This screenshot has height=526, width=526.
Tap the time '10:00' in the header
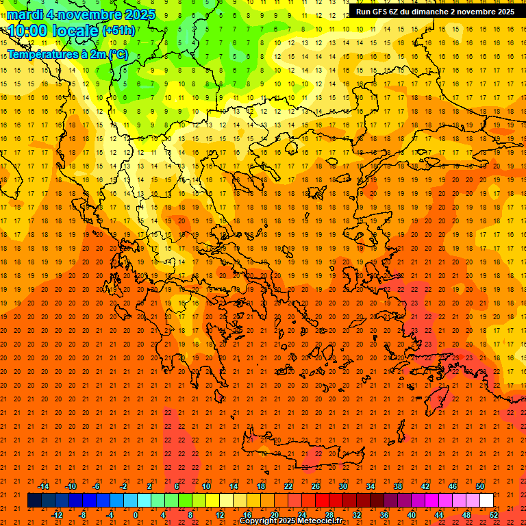(x=27, y=31)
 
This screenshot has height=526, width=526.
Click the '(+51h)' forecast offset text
(x=118, y=31)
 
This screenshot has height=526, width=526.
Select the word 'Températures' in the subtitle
(x=42, y=54)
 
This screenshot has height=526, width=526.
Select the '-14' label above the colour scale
(x=43, y=486)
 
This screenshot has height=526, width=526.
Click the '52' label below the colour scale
(x=494, y=515)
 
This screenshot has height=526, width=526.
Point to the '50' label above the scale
(x=480, y=486)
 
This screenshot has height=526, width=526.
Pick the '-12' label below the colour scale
(x=57, y=515)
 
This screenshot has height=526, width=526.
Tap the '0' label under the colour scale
(x=136, y=515)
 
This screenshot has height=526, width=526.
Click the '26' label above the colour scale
(x=316, y=486)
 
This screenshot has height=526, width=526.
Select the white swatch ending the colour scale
(x=486, y=501)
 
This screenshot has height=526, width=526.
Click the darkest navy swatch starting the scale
(x=34, y=501)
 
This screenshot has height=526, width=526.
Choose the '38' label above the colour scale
(x=398, y=486)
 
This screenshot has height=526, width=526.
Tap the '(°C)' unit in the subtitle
(x=117, y=54)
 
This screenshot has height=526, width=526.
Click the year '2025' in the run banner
(x=505, y=12)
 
